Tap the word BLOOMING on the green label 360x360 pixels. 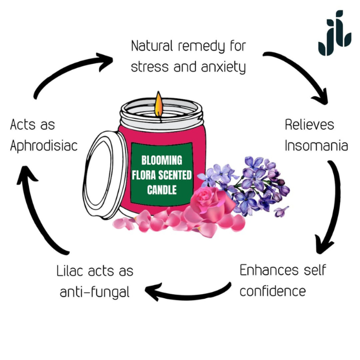tap(161, 160)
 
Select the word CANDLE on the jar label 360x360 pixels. tap(161, 190)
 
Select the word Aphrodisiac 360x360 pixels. tap(44, 146)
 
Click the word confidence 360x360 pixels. tap(273, 291)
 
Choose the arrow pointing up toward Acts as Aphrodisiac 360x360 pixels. tap(39, 211)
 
